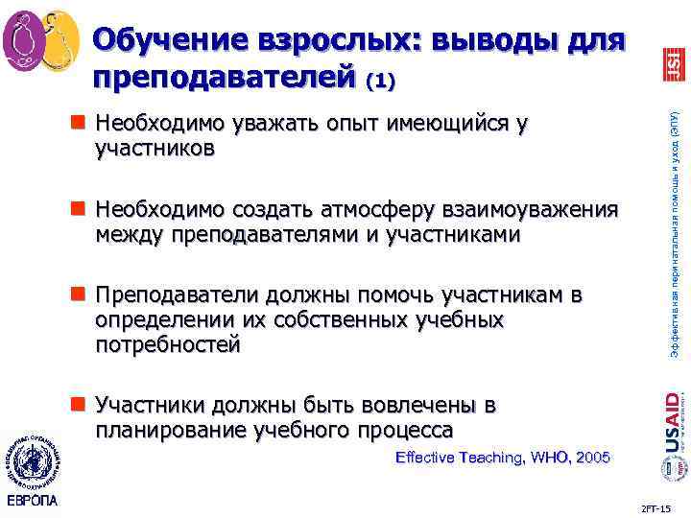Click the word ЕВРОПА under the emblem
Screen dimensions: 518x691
point(32,502)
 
